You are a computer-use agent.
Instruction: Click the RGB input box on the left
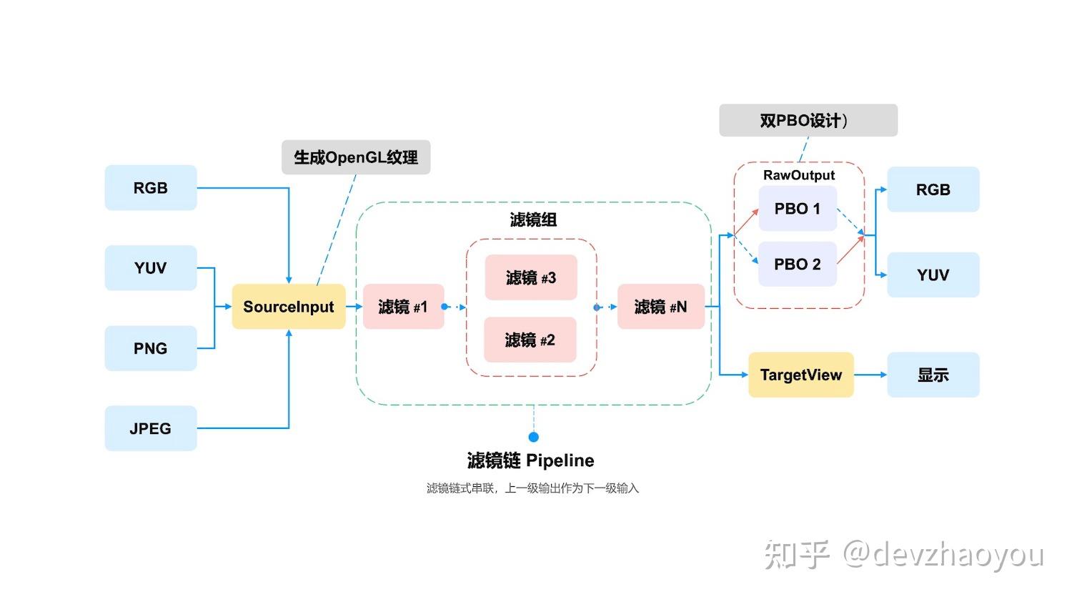(151, 188)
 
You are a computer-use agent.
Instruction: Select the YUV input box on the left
(151, 268)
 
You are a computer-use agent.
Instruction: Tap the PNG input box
(151, 348)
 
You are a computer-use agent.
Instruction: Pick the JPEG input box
(151, 428)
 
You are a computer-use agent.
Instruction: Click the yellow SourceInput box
(289, 307)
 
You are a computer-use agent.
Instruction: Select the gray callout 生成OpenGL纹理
(356, 157)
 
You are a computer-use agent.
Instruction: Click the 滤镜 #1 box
(403, 307)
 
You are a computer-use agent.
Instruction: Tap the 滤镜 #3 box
(530, 277)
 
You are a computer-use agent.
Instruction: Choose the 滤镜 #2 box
(530, 340)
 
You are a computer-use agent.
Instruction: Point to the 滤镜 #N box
(660, 307)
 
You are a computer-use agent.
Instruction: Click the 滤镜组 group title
(533, 219)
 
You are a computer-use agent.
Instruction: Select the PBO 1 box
(798, 209)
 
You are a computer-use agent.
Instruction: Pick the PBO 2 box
(798, 264)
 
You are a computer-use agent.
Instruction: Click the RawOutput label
(799, 175)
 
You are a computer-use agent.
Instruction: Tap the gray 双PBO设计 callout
(808, 120)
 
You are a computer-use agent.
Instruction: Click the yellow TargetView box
(801, 375)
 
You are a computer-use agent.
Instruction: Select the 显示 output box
(933, 375)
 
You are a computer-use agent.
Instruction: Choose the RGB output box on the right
(933, 189)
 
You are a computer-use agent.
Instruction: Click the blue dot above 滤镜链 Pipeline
(533, 437)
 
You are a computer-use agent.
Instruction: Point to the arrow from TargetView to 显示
(870, 375)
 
